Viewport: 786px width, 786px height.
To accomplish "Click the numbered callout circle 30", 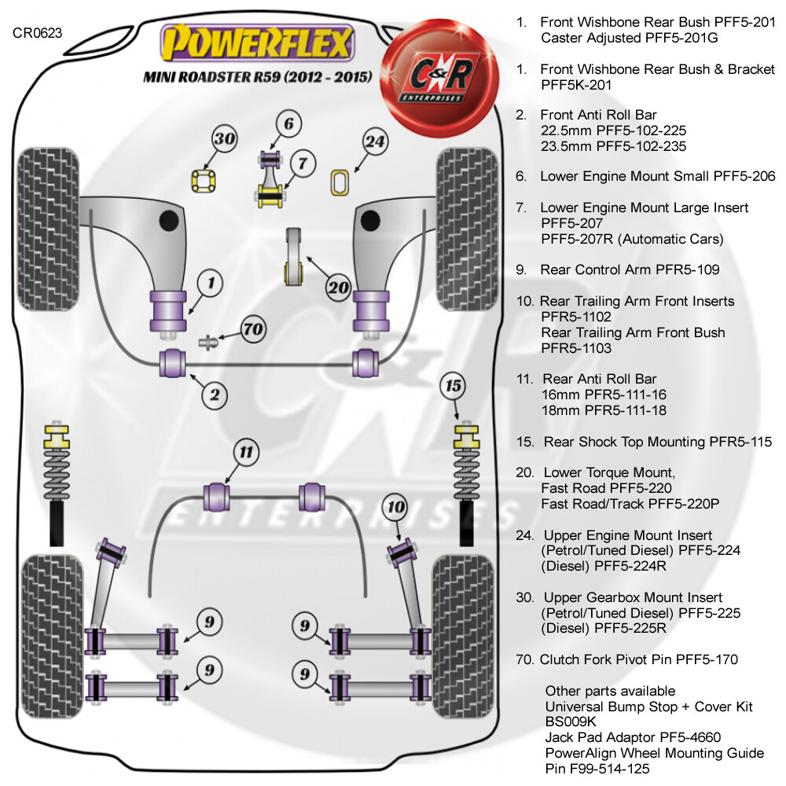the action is [x=224, y=139].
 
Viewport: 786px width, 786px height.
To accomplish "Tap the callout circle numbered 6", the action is [x=288, y=123].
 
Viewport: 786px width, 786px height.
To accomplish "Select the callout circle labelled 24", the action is [x=376, y=141].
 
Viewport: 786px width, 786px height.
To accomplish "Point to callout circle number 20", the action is [x=338, y=287].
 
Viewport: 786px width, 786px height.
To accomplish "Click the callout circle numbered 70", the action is [x=252, y=329].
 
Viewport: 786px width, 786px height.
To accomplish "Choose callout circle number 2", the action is [x=215, y=395].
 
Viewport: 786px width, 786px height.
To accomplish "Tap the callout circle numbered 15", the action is [x=453, y=386].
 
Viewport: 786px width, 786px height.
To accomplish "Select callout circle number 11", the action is [x=246, y=452].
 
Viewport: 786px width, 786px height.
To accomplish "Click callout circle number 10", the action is [x=396, y=507].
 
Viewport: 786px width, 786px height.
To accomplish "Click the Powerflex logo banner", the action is [x=257, y=43].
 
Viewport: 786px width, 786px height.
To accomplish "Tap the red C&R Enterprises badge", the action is [x=439, y=78].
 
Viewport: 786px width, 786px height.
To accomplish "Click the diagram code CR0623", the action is [x=37, y=33].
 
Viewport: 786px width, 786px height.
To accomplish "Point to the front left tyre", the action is [x=48, y=229].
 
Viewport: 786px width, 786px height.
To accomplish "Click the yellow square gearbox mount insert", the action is [x=204, y=181].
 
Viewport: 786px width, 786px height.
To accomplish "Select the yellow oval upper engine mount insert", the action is [x=340, y=182].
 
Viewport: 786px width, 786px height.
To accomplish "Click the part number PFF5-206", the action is [x=744, y=176].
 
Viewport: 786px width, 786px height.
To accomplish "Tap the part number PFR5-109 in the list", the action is [x=687, y=270].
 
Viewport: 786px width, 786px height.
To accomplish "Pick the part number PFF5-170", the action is [x=707, y=659].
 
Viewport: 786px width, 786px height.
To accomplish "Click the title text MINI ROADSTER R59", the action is [x=211, y=77].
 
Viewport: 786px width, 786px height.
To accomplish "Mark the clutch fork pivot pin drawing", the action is [x=208, y=343].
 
